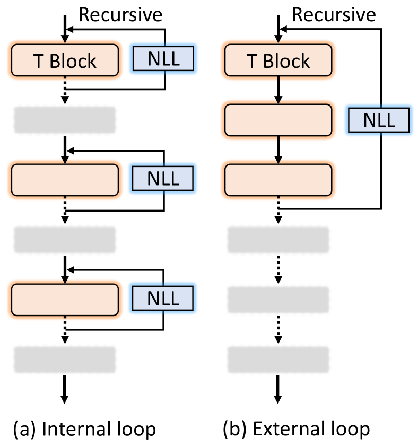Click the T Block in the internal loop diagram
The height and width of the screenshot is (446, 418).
tap(64, 60)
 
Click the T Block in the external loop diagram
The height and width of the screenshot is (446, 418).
tap(278, 60)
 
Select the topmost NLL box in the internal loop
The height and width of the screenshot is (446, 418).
tap(163, 60)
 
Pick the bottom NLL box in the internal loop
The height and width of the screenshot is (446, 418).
tap(163, 299)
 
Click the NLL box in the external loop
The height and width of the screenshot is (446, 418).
tap(379, 120)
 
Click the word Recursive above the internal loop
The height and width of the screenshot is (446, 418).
tap(120, 14)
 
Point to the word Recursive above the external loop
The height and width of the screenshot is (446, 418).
tap(334, 14)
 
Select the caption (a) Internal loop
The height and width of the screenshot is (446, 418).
tap(83, 428)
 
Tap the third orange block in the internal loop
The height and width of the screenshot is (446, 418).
tap(64, 299)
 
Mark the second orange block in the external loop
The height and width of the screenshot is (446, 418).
tap(278, 120)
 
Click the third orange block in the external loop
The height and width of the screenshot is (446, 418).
tap(278, 180)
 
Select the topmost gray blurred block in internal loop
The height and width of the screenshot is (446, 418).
tap(64, 120)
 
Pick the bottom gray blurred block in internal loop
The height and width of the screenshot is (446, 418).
tap(64, 359)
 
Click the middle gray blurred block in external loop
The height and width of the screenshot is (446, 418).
tap(278, 300)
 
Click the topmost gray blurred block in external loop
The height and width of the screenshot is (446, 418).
tap(278, 240)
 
